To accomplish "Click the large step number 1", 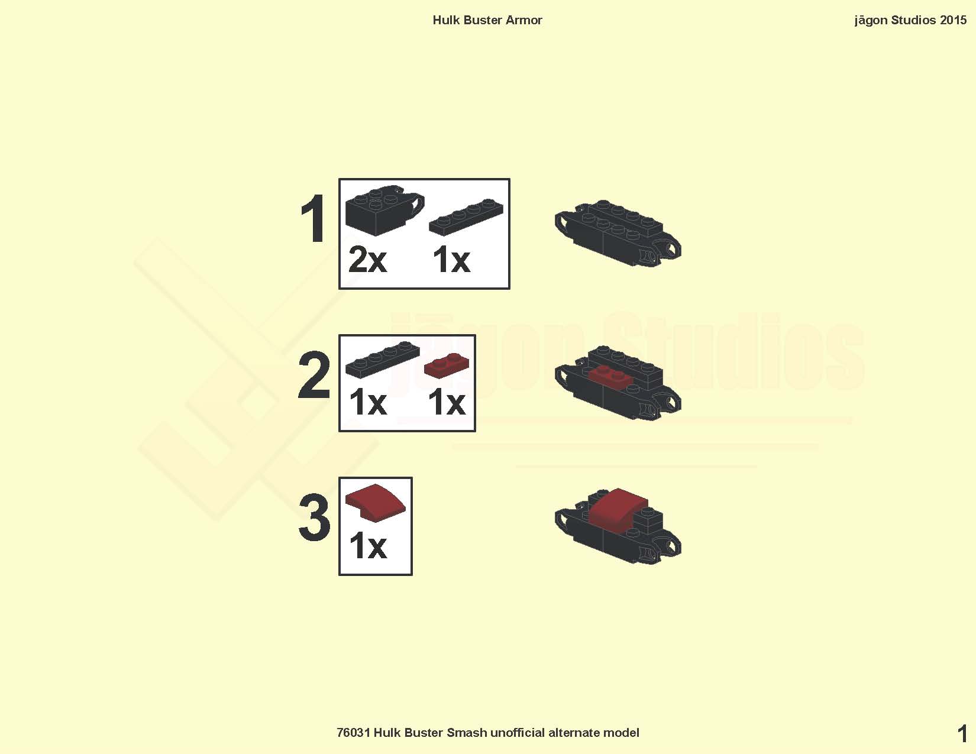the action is point(314,219).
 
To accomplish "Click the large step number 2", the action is point(314,376).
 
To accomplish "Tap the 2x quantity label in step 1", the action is point(367,260).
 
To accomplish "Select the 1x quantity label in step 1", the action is point(451,260).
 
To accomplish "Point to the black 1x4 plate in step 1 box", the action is point(466,218).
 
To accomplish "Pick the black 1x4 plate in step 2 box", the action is point(383,360).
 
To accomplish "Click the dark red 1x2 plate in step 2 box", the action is point(447,366).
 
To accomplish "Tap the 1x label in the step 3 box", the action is point(368,546).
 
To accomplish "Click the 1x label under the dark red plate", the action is point(447,402).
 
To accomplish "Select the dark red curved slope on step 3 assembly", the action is point(618,508).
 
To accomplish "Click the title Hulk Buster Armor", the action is point(487,20).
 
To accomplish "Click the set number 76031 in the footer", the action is point(353,733).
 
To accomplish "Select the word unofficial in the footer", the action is point(518,733).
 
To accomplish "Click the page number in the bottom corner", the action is point(962,734).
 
